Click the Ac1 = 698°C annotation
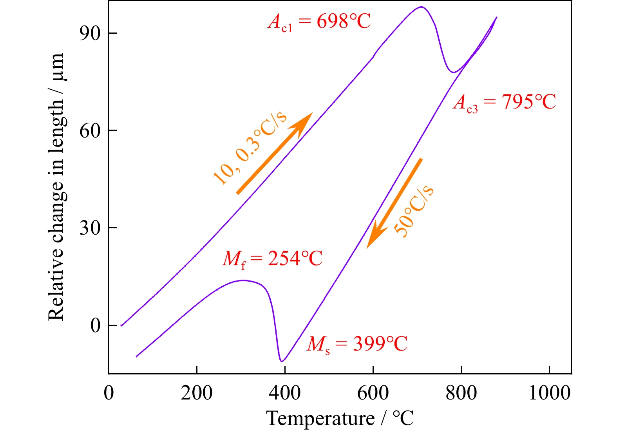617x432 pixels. (x=319, y=22)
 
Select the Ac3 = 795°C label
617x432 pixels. (x=505, y=103)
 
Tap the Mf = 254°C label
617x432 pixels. (x=272, y=259)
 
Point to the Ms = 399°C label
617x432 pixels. (x=357, y=344)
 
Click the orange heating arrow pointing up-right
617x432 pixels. (x=274, y=153)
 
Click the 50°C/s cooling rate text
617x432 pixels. (x=414, y=211)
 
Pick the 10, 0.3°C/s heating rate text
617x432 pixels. (x=250, y=148)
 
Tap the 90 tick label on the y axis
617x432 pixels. (x=90, y=33)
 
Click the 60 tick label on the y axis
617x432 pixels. (x=90, y=130)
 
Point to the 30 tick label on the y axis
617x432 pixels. (x=90, y=228)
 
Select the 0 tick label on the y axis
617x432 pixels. (x=95, y=325)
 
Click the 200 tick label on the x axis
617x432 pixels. (x=197, y=393)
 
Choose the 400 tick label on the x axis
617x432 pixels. (x=285, y=393)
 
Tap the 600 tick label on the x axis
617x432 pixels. (x=373, y=393)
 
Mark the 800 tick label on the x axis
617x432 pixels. (x=461, y=393)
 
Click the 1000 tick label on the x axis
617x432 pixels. (x=549, y=393)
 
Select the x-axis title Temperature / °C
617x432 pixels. (x=340, y=418)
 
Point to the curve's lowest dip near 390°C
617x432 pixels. (x=281, y=361)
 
